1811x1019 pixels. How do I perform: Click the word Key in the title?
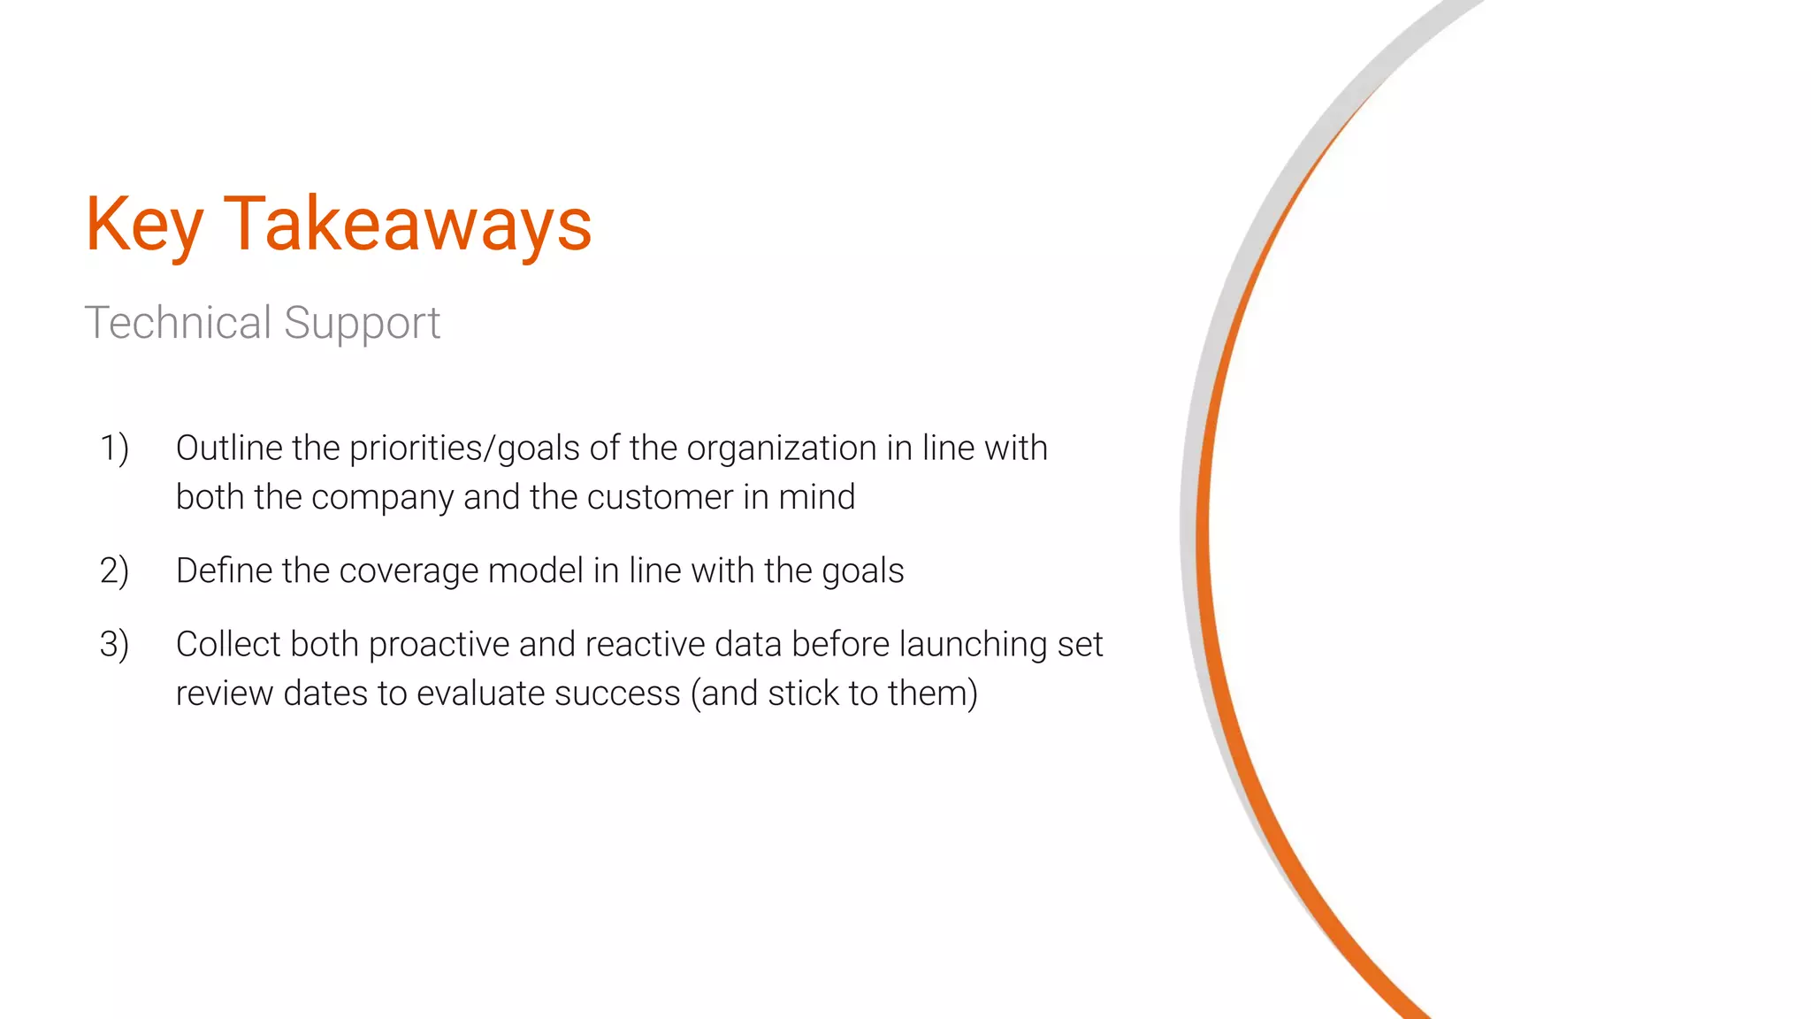click(144, 225)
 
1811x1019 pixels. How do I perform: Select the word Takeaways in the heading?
click(408, 225)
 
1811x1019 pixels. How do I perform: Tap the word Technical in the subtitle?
click(178, 322)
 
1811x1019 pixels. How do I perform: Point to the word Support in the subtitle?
click(362, 324)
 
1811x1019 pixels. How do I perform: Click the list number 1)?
click(114, 448)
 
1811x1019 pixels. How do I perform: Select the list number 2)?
click(114, 571)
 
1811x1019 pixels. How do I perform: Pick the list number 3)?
click(114, 644)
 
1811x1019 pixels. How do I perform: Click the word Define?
click(224, 571)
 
